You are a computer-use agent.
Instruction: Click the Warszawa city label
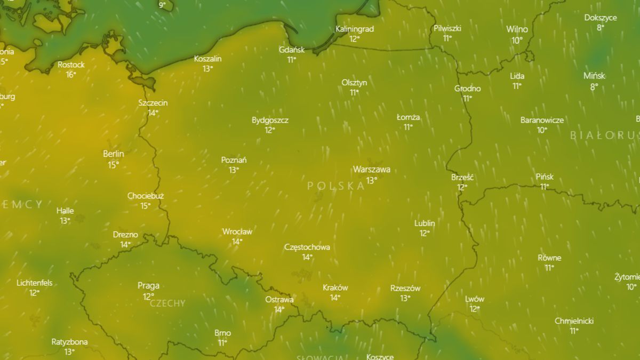coord(371,170)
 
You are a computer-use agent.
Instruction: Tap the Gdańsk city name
coord(292,50)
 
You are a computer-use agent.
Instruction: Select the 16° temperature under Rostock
coord(71,75)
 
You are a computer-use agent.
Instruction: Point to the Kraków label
coord(335,287)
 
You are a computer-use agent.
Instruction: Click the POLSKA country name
coord(336,186)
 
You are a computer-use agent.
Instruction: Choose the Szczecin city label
coord(153,102)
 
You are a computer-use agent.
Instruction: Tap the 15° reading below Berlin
coord(114,165)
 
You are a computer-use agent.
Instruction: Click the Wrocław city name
coord(237,231)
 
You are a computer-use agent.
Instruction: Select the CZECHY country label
coord(167,303)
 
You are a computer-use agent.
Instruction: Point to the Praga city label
coord(148,286)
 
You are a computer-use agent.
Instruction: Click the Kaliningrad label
coord(355,29)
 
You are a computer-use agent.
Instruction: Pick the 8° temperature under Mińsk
coord(594,86)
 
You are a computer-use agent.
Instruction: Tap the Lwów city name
coord(475,299)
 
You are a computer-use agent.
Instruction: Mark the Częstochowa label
coord(307,247)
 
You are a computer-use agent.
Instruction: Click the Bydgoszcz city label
coord(270,120)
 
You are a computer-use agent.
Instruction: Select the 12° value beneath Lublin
coord(425,233)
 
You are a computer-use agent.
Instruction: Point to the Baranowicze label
coord(542,120)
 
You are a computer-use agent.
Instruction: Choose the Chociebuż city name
coord(146,196)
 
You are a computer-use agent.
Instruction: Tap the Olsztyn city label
coord(354,83)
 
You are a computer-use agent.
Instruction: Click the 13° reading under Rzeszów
coord(405,298)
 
